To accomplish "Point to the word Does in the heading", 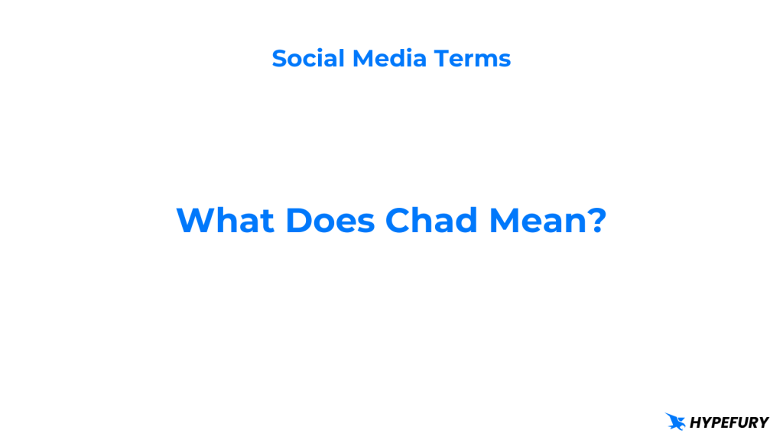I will tap(331, 221).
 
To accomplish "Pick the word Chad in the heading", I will tap(431, 221).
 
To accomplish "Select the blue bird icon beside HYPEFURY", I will tap(675, 421).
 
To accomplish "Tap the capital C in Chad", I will tap(399, 221).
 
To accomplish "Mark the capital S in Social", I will tap(279, 58).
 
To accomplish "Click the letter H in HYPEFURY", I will tap(695, 422).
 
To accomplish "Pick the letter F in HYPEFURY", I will tap(734, 422).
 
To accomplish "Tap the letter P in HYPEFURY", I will tap(715, 422).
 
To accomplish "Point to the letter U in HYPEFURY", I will tap(743, 422).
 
